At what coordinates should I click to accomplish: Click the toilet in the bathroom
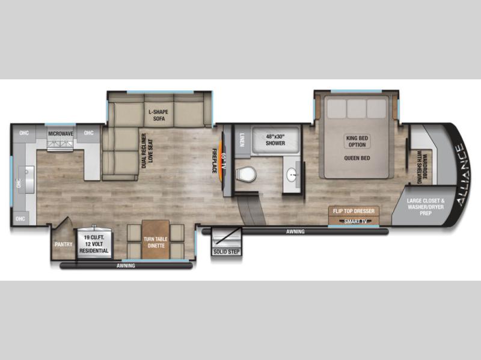246,175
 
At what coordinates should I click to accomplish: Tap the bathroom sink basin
292,175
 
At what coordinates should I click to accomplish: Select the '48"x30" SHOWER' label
275,140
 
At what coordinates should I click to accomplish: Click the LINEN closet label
242,140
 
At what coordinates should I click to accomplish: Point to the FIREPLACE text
215,160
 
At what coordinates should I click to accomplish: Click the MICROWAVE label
61,133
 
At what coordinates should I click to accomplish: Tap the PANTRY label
64,245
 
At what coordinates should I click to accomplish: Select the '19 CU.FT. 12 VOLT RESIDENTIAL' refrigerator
94,242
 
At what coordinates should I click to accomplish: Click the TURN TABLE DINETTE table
156,239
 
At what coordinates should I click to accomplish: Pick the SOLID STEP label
227,252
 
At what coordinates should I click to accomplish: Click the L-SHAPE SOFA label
159,115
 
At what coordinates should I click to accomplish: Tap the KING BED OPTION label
357,141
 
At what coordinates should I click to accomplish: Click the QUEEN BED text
357,158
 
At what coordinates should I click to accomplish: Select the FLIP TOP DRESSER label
354,211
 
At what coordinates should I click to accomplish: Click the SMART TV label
356,221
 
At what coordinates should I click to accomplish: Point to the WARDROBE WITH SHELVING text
422,167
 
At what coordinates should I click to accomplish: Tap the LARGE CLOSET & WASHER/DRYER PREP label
426,207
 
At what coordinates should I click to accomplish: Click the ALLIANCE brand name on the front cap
463,175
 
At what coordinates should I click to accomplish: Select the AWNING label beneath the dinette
126,266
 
